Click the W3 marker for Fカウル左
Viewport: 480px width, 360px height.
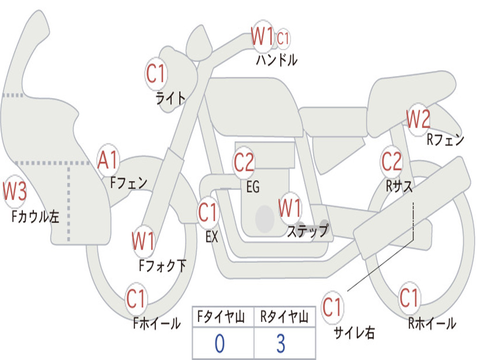pos(15,192)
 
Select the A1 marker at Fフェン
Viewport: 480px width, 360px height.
pos(108,160)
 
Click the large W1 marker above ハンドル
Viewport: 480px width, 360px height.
pos(262,36)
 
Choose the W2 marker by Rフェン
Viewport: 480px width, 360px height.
pos(418,120)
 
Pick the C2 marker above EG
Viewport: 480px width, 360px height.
pos(244,163)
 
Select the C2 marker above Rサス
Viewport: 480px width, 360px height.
pos(391,161)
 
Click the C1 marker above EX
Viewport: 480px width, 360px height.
pos(208,213)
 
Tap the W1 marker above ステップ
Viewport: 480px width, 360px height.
pos(290,208)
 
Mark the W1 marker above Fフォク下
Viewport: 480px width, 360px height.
pos(143,241)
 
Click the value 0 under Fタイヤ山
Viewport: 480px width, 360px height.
pos(219,344)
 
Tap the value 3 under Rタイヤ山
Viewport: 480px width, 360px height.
pos(280,344)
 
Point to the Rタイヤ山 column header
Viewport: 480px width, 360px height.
pos(284,318)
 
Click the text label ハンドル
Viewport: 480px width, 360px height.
pos(276,60)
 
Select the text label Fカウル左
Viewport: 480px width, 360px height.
pos(36,217)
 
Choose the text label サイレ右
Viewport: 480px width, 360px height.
pos(354,332)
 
